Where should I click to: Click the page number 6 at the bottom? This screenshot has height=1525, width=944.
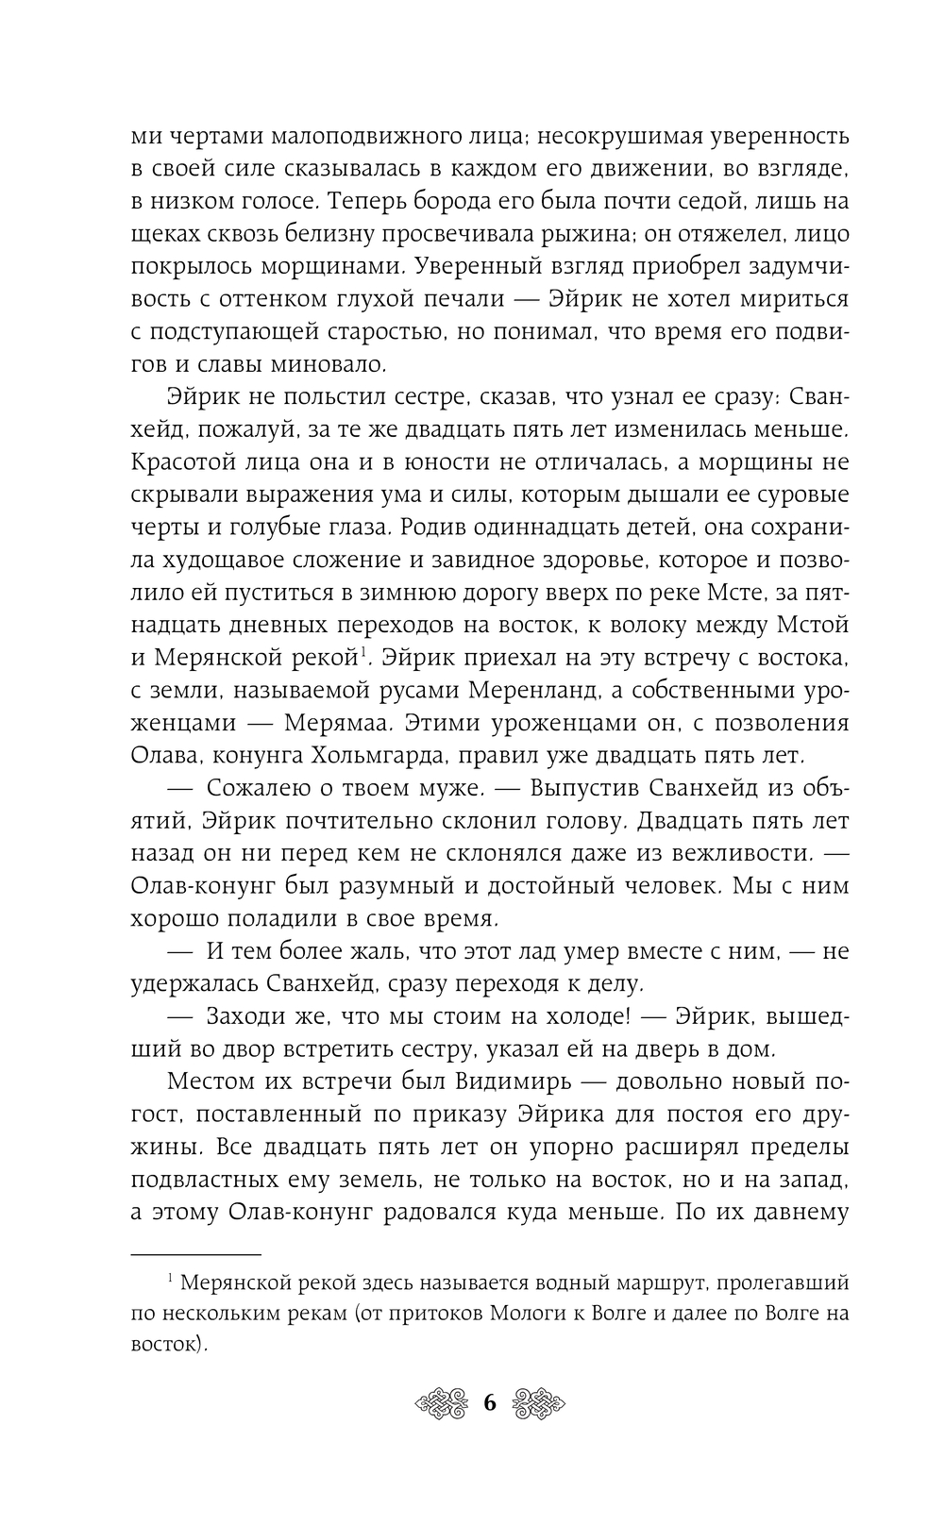point(489,1403)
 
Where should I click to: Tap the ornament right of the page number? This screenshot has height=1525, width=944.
point(535,1403)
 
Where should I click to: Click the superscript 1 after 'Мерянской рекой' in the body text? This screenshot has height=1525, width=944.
point(362,648)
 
